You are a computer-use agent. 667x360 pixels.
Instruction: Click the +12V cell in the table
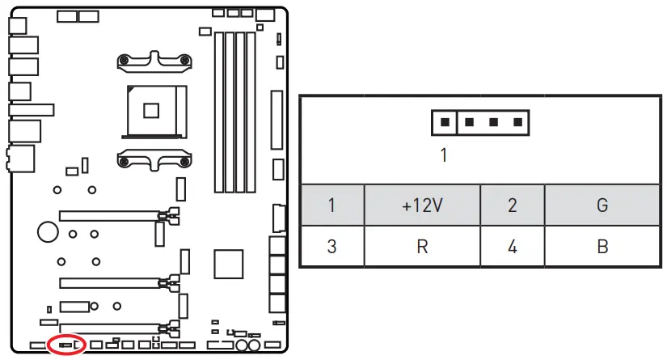(422, 205)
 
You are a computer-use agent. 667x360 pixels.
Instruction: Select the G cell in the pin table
(602, 205)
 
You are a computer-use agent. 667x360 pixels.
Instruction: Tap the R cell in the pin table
(422, 246)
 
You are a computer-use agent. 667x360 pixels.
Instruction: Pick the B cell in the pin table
(602, 246)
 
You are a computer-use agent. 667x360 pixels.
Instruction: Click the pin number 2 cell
(512, 205)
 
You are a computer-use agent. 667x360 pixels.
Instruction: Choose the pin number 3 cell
(331, 246)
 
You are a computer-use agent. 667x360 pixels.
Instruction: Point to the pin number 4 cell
(512, 246)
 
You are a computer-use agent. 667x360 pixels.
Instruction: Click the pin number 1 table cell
(331, 205)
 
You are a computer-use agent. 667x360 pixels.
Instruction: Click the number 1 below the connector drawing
(443, 155)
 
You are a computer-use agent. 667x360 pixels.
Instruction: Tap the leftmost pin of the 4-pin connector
(444, 123)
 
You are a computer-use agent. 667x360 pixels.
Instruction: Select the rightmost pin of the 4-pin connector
(516, 123)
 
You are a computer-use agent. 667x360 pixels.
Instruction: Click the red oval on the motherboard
(66, 344)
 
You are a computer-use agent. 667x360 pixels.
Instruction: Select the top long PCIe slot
(112, 215)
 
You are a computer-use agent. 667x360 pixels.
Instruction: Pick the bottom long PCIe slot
(112, 328)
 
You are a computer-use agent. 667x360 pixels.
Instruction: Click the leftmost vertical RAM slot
(217, 112)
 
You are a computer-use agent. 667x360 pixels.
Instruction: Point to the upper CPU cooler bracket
(154, 62)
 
